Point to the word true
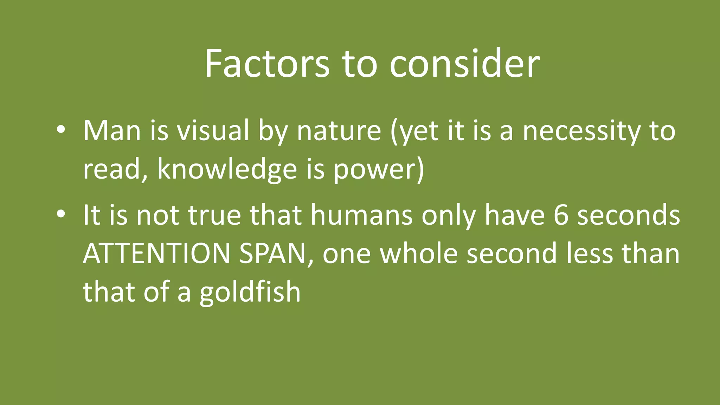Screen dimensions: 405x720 tap(214, 215)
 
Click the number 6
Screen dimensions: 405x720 tap(561, 215)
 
